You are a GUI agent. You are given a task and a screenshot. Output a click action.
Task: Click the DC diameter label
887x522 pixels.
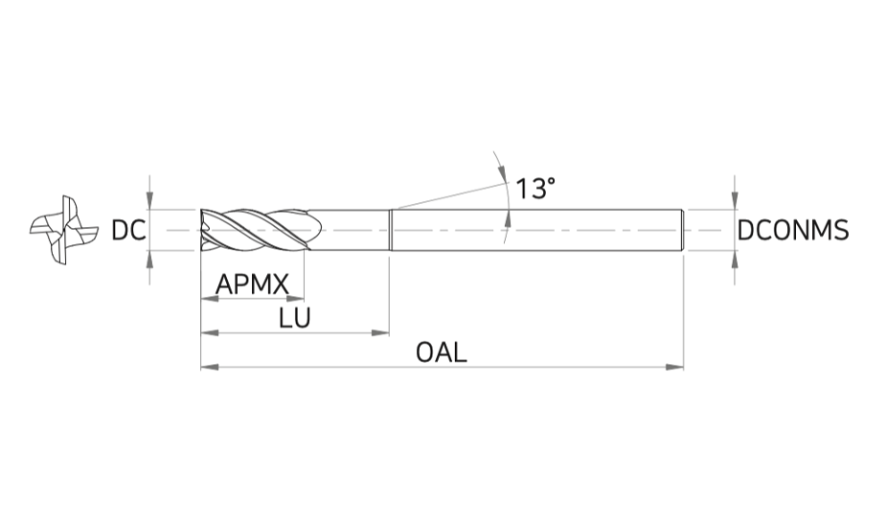click(128, 230)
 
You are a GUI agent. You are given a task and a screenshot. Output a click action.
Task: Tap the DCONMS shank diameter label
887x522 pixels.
click(793, 230)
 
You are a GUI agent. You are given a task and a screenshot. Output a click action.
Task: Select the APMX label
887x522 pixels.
click(252, 284)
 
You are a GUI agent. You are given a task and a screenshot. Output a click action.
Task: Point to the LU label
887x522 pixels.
click(295, 318)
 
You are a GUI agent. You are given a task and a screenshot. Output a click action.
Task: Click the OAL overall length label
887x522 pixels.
click(442, 352)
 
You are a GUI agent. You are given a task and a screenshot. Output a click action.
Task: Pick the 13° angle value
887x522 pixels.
click(535, 189)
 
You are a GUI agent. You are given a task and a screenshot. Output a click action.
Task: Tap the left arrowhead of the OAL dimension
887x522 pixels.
click(210, 367)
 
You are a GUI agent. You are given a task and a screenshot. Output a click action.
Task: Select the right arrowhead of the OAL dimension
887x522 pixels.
click(674, 367)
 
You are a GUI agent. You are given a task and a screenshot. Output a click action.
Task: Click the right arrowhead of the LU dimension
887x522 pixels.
click(380, 332)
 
